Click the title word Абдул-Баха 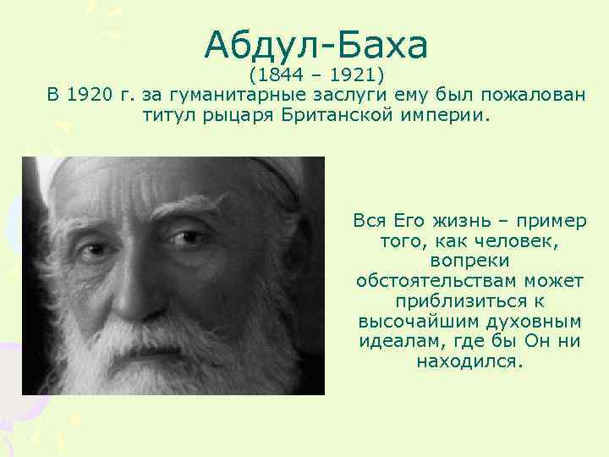click(316, 44)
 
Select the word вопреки click(470, 262)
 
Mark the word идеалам click(396, 343)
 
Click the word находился click(470, 362)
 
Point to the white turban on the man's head click(169, 173)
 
